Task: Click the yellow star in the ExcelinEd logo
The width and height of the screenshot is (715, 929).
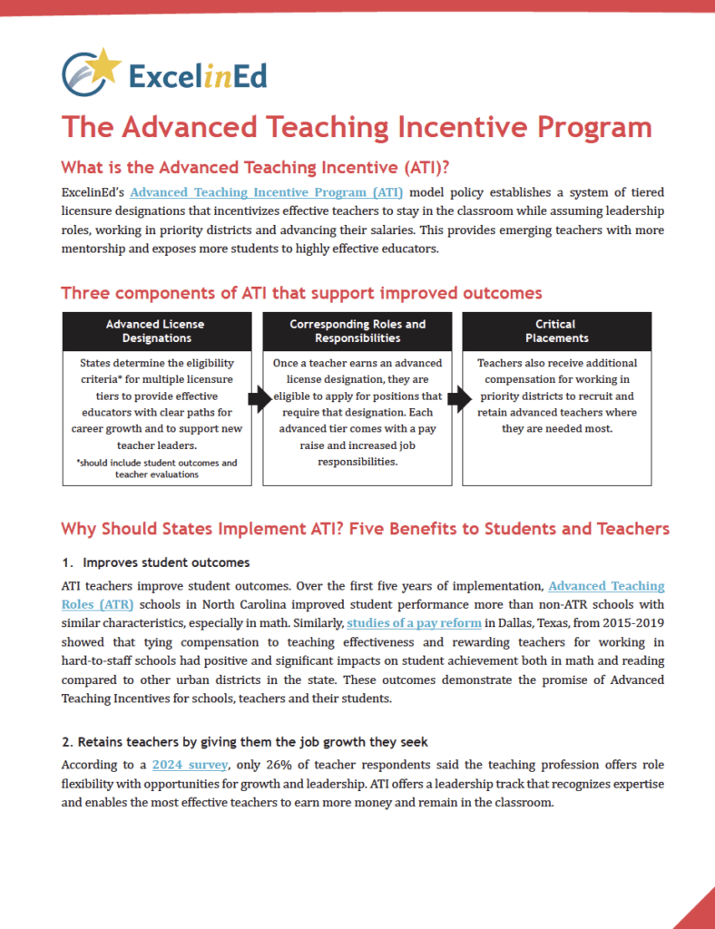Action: (105, 66)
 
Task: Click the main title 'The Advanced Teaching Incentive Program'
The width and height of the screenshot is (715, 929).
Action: (356, 126)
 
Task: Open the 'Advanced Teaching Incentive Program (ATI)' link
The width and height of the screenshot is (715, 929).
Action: (267, 192)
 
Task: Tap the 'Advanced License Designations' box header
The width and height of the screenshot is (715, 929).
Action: (156, 331)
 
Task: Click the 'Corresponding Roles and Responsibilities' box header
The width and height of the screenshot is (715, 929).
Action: (357, 331)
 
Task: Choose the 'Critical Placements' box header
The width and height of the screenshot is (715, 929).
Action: (556, 331)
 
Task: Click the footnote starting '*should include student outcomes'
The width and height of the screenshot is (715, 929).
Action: (157, 468)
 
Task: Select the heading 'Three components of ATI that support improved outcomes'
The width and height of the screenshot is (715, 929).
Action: (301, 293)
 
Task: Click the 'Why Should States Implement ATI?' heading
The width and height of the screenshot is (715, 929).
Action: (365, 528)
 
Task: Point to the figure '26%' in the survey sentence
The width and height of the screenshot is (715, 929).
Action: (286, 766)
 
